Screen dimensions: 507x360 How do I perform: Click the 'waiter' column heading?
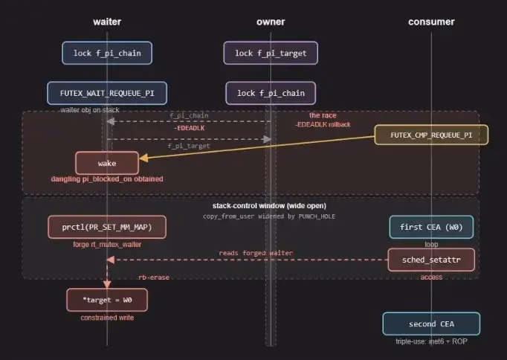[107, 22]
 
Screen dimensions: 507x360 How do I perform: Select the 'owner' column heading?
[271, 22]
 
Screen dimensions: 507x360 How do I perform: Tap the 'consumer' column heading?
[431, 22]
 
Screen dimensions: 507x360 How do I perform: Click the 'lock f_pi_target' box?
[271, 53]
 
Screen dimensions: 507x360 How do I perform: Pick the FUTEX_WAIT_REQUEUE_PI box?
[107, 93]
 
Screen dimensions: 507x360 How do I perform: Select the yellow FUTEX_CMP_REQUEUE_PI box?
[431, 135]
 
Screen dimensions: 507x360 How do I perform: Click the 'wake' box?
[107, 163]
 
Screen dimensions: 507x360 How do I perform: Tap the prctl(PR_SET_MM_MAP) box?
[107, 227]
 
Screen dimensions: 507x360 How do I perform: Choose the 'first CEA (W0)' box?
[431, 227]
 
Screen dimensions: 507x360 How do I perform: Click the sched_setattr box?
[431, 260]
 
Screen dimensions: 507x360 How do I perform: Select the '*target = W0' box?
[107, 300]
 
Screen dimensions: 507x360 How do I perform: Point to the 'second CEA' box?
[431, 324]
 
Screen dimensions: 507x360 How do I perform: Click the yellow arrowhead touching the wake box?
[143, 158]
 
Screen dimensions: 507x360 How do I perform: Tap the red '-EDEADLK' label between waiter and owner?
[190, 128]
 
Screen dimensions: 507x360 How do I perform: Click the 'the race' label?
[323, 115]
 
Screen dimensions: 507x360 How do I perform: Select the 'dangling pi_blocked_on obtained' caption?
[107, 179]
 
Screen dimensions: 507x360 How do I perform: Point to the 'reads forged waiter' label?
[256, 253]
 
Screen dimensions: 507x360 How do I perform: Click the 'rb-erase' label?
[154, 277]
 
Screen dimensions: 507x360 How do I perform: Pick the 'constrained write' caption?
[107, 318]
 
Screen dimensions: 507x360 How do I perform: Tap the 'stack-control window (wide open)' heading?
[269, 206]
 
